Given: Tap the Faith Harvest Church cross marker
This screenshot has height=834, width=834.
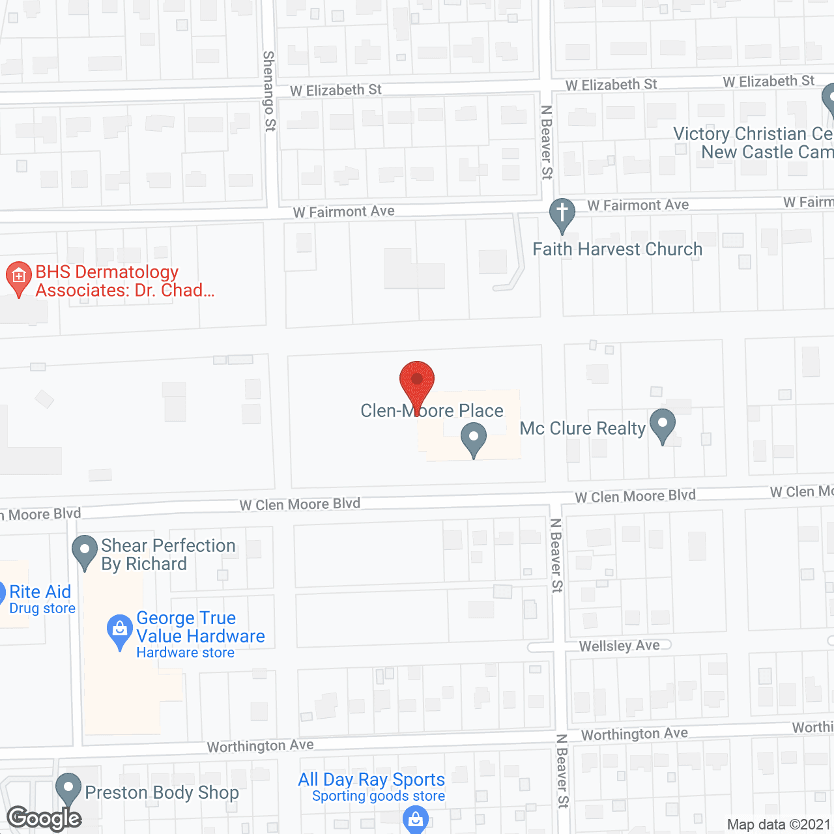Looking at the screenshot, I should tap(562, 213).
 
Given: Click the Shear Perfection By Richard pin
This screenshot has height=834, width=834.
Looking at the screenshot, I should tap(85, 551).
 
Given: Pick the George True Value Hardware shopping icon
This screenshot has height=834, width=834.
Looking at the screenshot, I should tap(120, 630).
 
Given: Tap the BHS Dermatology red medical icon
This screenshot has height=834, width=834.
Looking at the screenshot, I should tap(19, 278).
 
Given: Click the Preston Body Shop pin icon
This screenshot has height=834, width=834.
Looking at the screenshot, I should tap(68, 788).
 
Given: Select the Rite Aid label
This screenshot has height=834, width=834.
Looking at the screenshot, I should tap(40, 592).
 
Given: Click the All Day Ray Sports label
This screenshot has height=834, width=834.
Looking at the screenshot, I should tap(371, 779).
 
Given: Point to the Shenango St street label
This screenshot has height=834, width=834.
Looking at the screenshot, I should tap(269, 91).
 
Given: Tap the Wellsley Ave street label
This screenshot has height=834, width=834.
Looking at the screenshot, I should tap(620, 646).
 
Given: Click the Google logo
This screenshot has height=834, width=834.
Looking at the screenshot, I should tap(44, 818).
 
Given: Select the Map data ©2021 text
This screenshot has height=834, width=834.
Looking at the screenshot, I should tap(779, 825).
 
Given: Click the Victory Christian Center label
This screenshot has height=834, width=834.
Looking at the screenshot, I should tap(753, 143).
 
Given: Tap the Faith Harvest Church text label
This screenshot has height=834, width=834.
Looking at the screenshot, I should tap(618, 250).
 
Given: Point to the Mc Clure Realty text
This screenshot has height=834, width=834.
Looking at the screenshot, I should tap(582, 428).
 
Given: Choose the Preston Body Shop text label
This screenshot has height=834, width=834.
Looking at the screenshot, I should tap(162, 792).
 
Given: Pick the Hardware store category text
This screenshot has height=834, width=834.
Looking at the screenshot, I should tap(185, 653).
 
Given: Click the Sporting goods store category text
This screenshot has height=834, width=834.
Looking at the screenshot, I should tap(378, 796).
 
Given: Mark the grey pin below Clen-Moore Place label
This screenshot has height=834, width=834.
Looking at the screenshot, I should tap(474, 438).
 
